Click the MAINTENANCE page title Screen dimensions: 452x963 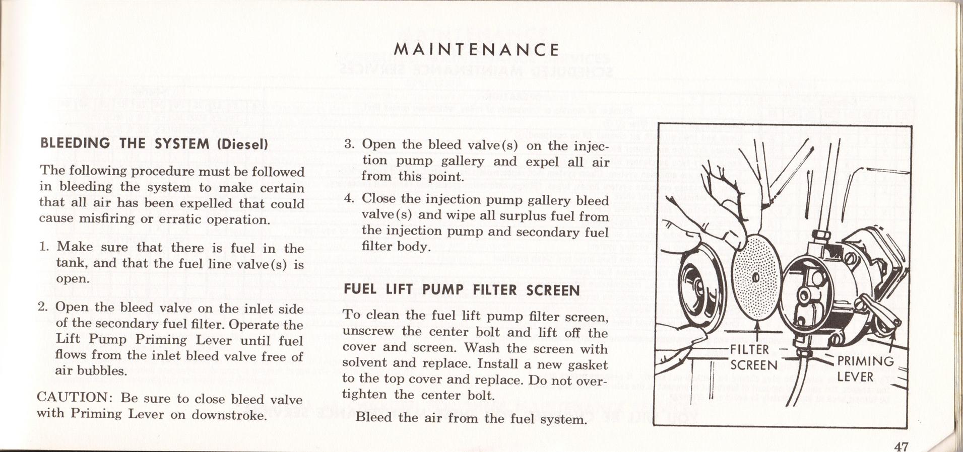point(476,50)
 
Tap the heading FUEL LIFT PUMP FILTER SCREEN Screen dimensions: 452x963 point(461,290)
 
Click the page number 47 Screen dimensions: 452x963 point(901,446)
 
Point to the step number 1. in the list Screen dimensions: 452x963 point(44,247)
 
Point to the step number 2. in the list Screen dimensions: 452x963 point(43,307)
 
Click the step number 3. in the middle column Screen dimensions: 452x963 point(350,144)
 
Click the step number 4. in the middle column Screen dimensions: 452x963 point(350,199)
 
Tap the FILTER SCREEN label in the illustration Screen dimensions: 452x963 point(753,357)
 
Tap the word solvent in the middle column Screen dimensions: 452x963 point(364,363)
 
